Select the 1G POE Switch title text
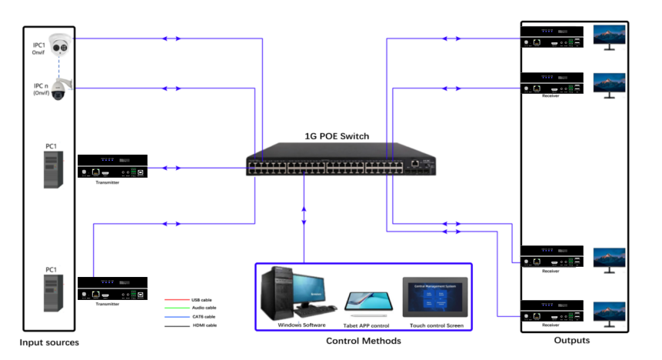(337, 136)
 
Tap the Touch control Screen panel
(435, 297)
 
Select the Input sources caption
(49, 342)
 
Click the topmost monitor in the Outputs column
(609, 37)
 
